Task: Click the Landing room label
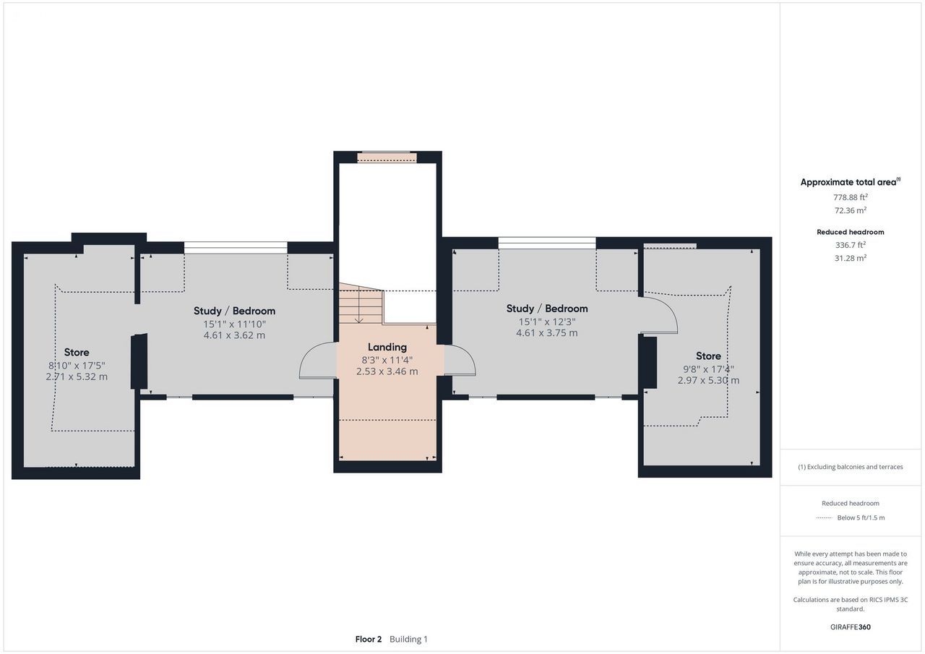tap(387, 347)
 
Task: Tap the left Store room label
tap(77, 352)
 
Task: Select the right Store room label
tap(708, 356)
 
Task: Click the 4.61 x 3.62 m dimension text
tap(234, 335)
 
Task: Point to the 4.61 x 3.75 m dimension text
tap(547, 332)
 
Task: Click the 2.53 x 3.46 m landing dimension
tap(387, 371)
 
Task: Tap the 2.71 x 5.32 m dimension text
tap(77, 377)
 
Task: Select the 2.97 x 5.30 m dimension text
tap(708, 380)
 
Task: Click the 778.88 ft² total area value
tap(851, 197)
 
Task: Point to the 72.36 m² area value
tap(851, 210)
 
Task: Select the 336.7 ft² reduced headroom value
tap(851, 245)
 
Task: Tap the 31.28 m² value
tap(851, 258)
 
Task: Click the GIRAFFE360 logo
tap(851, 627)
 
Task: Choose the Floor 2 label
tap(369, 639)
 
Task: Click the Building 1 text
tap(408, 639)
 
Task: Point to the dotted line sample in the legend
tap(825, 517)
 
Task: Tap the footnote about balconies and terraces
tap(851, 467)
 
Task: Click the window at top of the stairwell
tap(387, 157)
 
